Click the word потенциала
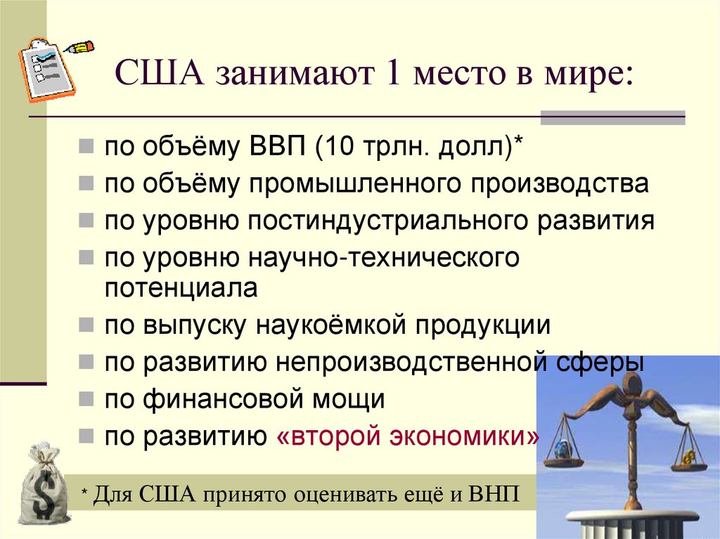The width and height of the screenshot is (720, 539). (x=182, y=288)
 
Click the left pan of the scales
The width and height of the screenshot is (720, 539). (x=563, y=457)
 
